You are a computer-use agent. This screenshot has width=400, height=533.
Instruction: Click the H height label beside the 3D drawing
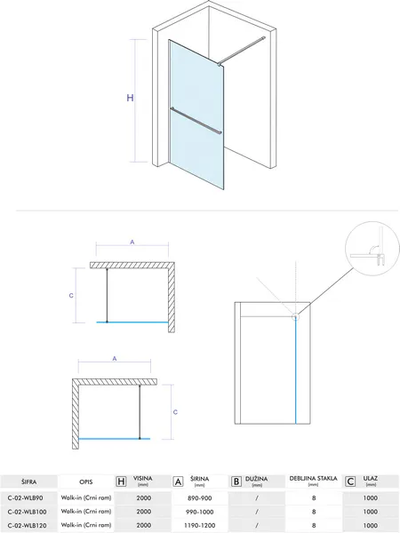pos(130,98)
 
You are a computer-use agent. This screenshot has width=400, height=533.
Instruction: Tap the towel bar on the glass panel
pos(196,121)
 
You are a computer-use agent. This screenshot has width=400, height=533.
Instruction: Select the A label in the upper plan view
pos(132,242)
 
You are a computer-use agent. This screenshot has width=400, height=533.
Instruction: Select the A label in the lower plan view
pos(115,358)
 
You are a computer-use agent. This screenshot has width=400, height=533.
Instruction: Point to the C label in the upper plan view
pos(71,296)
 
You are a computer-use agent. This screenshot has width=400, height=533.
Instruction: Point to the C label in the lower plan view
pos(175,412)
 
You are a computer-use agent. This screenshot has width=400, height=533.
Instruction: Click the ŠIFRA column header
pos(28,481)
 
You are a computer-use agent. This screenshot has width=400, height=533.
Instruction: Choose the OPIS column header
pos(85,482)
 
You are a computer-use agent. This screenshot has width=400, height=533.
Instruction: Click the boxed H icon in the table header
pos(121,481)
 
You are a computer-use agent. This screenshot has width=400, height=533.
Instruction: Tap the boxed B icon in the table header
pos(236,481)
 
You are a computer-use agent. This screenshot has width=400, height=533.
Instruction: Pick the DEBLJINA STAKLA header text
pos(313,479)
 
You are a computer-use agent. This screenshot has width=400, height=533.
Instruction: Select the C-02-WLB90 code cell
pos(25,498)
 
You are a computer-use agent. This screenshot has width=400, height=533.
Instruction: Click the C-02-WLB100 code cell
pos(27,512)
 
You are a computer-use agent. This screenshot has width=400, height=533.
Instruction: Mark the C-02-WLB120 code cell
pos(27,526)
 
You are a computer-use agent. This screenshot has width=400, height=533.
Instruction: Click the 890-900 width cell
pos(200,498)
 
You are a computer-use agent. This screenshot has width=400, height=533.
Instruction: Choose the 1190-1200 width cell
pos(200,526)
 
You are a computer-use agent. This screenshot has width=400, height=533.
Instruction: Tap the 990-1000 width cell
pos(200,512)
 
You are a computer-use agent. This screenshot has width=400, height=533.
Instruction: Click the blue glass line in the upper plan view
pos(132,322)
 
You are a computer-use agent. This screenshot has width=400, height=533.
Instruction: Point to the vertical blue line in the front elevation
pos(296,371)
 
